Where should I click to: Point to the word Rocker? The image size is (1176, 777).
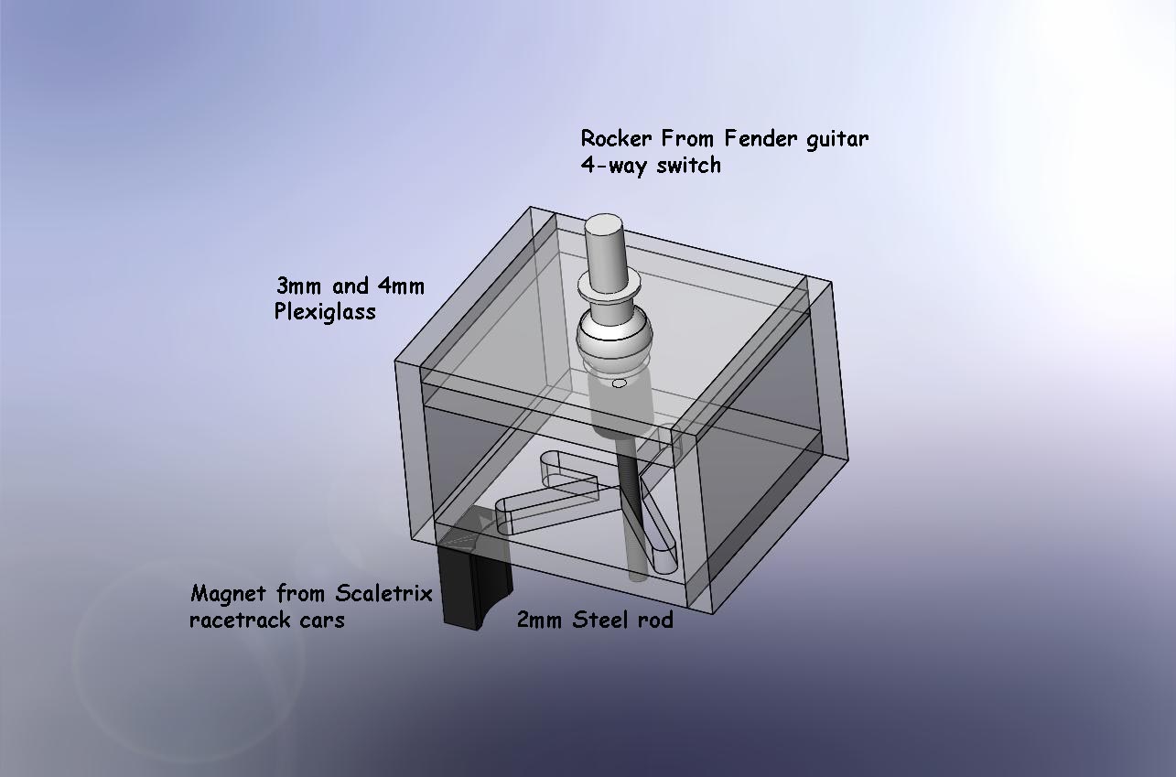point(616,138)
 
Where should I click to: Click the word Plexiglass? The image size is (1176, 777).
point(325,312)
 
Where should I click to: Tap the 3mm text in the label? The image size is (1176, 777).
point(298,286)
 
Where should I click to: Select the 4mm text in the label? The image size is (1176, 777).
point(401,286)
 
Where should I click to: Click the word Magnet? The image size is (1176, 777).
point(229,594)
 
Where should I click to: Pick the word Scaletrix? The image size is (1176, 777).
point(383,593)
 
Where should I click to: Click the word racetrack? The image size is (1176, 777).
point(239,620)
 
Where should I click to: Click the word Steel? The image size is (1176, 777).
point(601,620)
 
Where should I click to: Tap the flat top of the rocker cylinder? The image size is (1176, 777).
point(605,225)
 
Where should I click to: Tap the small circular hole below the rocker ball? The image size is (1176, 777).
point(620,383)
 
